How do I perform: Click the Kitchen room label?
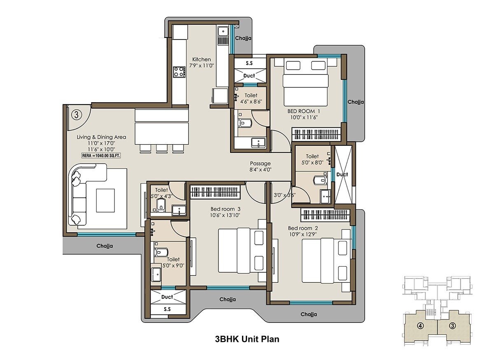coord(201,59)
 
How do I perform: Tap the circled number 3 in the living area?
coord(77,113)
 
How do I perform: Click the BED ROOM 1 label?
coord(303,111)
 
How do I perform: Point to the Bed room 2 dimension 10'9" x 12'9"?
coord(303,234)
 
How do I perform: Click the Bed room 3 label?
coord(224,208)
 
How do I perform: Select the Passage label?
coord(260,164)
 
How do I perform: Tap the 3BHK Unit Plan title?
coord(247,339)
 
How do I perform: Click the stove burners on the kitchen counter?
coord(179,72)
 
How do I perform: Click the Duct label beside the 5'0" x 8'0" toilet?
coord(342,174)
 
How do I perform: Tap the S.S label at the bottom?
coord(167,309)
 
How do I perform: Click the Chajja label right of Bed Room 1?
coord(355,102)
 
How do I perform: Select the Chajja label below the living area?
coord(105,246)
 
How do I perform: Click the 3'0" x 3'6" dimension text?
coord(284,195)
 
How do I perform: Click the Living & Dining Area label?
coord(101,137)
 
